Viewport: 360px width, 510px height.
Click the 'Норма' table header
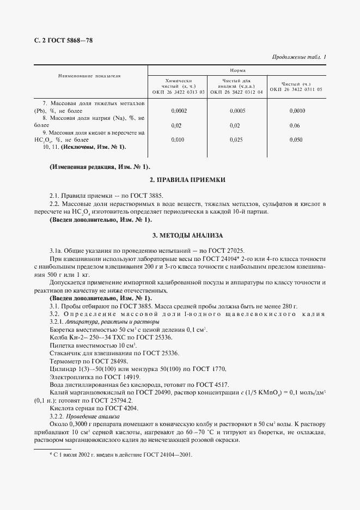click(237, 71)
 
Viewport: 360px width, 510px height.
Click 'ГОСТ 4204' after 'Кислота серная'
click(119, 408)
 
